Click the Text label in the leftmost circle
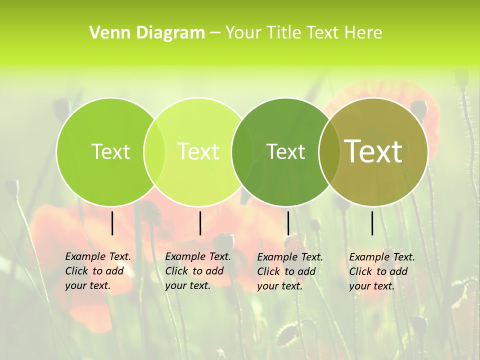click(x=110, y=151)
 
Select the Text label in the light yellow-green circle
click(x=198, y=151)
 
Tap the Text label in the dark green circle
click(x=285, y=151)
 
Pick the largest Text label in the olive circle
click(x=373, y=151)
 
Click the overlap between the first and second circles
click(x=154, y=151)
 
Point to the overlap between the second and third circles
click(x=242, y=151)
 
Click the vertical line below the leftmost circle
click(x=112, y=223)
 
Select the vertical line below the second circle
click(x=200, y=223)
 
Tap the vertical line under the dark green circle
click(x=288, y=223)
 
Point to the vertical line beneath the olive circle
click(x=372, y=223)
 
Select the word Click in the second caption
click(x=176, y=271)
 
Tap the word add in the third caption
click(x=306, y=271)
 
